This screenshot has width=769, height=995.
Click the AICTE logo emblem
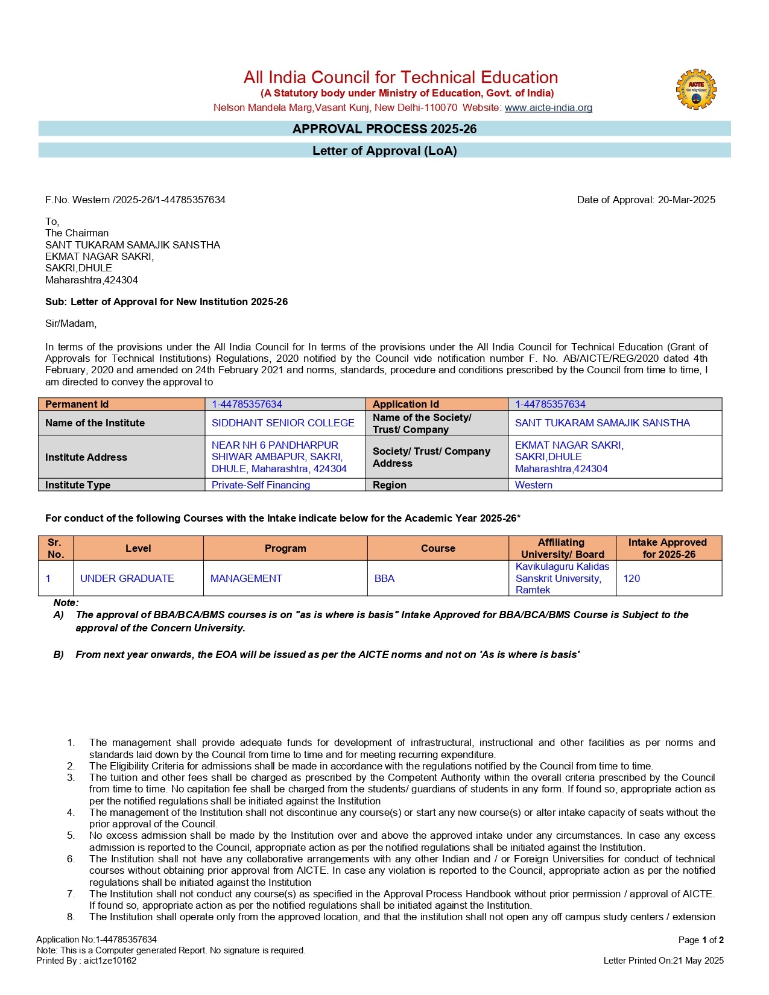click(x=696, y=89)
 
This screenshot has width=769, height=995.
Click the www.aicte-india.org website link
click(x=548, y=108)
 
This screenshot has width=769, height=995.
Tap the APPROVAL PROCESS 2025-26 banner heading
click(x=384, y=129)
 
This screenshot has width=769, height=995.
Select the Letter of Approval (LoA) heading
click(x=384, y=151)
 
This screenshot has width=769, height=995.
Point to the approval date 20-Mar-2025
click(x=686, y=200)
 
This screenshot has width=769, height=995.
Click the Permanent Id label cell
click(x=121, y=404)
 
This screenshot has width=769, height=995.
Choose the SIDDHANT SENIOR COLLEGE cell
click(x=283, y=423)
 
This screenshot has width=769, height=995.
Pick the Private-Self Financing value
click(x=261, y=485)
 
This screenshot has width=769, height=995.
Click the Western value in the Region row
click(x=533, y=485)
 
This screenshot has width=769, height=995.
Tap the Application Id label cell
click(x=437, y=404)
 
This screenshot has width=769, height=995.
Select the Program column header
click(x=285, y=549)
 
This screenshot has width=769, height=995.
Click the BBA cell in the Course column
click(x=384, y=579)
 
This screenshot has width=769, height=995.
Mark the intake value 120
click(x=631, y=579)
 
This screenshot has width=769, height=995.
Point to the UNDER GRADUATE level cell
click(x=127, y=579)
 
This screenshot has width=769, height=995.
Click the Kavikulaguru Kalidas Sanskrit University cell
click(x=562, y=578)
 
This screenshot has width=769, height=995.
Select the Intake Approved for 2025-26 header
click(x=668, y=549)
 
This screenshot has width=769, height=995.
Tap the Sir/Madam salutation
click(x=71, y=324)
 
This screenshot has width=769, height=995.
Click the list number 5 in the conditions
click(x=71, y=836)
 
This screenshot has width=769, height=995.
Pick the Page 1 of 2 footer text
click(x=700, y=940)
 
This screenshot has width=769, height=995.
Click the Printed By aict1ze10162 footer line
click(x=86, y=961)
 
